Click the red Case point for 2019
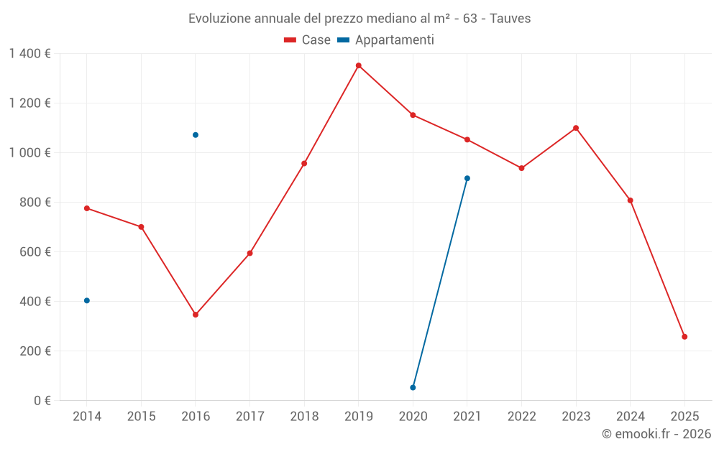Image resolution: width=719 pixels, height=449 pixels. coord(358,65)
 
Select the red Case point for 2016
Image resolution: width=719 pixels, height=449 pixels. coord(196,315)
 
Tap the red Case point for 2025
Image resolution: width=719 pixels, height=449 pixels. coord(684,337)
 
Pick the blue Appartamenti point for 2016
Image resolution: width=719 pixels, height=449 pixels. coord(196,135)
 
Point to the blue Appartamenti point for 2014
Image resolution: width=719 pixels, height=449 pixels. coord(87,300)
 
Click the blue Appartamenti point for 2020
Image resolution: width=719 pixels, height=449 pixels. coord(413,387)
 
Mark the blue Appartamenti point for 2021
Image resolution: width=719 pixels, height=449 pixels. coord(467,178)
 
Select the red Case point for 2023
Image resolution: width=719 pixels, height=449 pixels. coord(576,128)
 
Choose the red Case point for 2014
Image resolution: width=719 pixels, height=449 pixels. coord(87,208)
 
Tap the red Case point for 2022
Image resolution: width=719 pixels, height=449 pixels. coord(521,168)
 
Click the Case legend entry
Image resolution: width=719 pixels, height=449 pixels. coord(308,40)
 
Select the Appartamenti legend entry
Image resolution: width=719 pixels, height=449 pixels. coord(386,40)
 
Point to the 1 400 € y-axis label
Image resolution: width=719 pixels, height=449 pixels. coord(29,53)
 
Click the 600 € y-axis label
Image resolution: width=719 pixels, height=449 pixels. coord(37,252)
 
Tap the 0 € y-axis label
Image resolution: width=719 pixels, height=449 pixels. coord(42,401)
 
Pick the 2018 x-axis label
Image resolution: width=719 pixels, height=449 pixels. coord(304,417)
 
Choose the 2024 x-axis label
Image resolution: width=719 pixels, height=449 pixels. coord(630,417)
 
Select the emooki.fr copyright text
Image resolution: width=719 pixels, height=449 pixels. coord(656,434)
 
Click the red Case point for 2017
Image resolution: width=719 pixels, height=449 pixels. coord(249,253)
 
